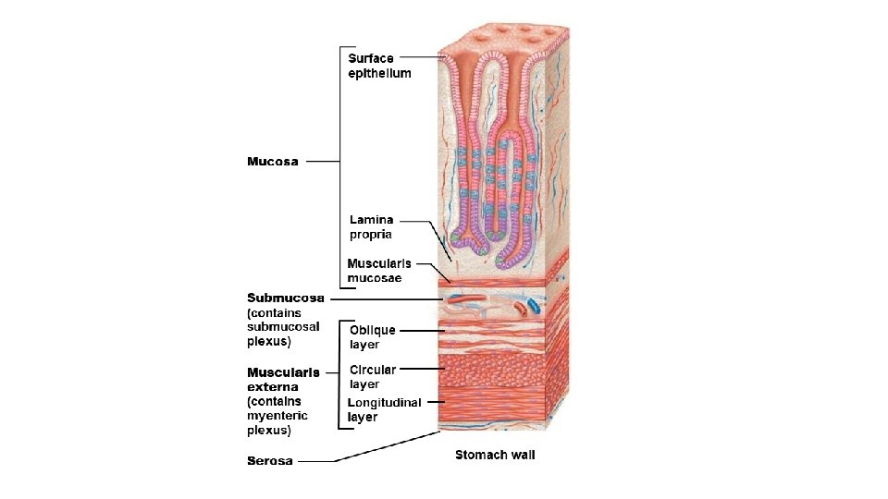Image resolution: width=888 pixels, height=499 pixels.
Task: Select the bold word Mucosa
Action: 273,162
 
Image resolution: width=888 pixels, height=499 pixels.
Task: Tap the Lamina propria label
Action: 371,227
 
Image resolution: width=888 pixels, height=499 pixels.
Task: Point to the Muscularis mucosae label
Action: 379,271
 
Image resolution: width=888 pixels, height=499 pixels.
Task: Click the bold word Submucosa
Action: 286,298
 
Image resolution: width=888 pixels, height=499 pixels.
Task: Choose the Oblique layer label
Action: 372,337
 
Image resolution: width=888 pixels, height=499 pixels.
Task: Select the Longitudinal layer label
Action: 384,409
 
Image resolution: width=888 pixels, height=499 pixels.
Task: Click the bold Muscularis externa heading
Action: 283,380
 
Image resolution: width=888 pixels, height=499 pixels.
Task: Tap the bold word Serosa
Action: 270,460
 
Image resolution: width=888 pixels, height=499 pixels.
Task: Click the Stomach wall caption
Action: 495,455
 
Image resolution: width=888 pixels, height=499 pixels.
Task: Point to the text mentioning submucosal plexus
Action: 283,326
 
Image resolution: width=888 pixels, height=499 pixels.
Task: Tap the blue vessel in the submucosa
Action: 535,305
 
